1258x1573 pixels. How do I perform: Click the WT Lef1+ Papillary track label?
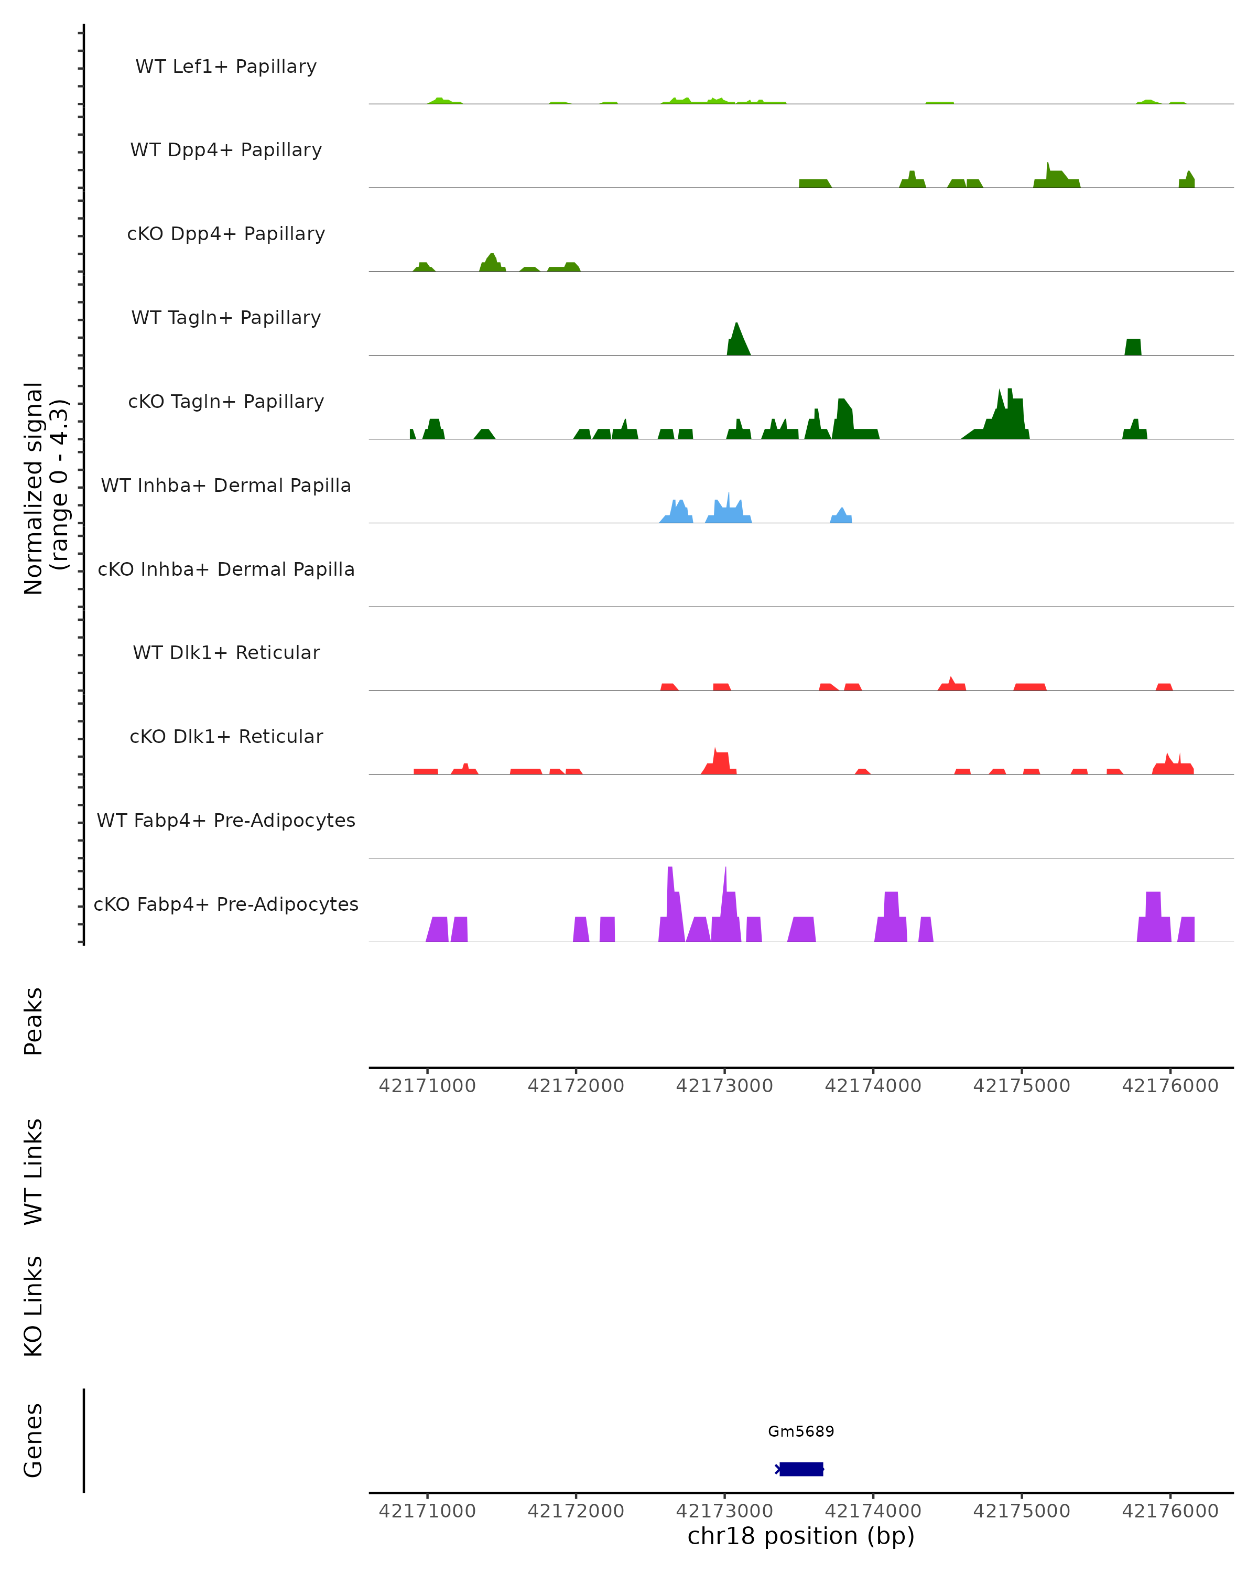(x=226, y=67)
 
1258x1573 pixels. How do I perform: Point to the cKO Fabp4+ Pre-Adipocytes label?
(x=226, y=904)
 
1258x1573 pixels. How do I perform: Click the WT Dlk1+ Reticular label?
(x=226, y=652)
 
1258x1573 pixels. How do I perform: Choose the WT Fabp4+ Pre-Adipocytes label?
(x=226, y=820)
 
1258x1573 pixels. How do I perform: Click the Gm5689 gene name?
(x=801, y=1431)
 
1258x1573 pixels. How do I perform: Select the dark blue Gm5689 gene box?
(x=801, y=1469)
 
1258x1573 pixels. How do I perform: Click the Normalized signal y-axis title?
(x=45, y=487)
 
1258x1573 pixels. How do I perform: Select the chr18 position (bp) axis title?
(x=801, y=1536)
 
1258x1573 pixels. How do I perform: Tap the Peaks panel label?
(x=34, y=1021)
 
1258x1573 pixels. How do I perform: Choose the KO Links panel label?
(x=34, y=1306)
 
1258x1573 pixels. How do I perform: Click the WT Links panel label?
(x=34, y=1171)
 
